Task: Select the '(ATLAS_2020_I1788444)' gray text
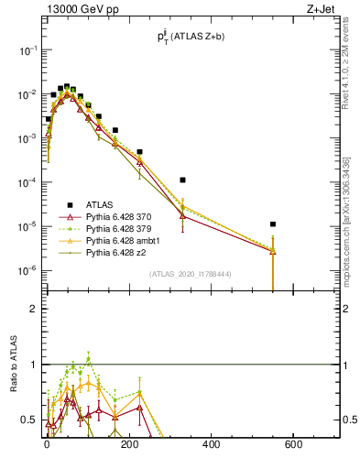(189, 274)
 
